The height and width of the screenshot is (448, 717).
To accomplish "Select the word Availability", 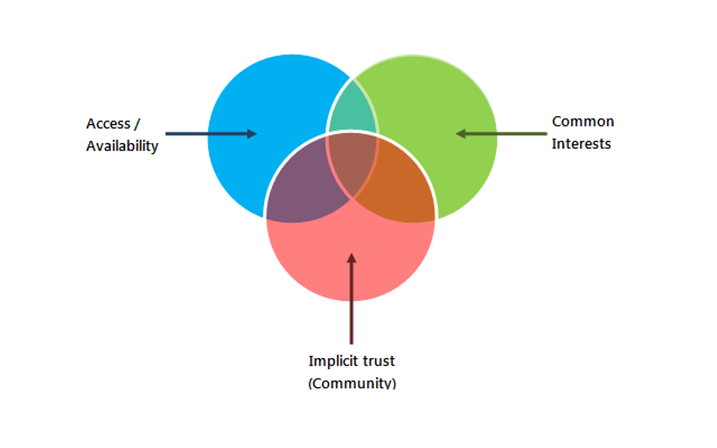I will coord(122,146).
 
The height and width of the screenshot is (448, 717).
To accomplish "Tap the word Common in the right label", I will coord(583,122).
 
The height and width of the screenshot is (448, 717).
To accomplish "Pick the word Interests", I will coord(581,144).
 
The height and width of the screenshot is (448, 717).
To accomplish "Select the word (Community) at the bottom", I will coord(352,384).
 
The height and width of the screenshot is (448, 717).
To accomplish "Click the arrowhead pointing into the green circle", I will coord(461,134).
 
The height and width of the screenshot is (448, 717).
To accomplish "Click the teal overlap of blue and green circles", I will coord(352,112).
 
